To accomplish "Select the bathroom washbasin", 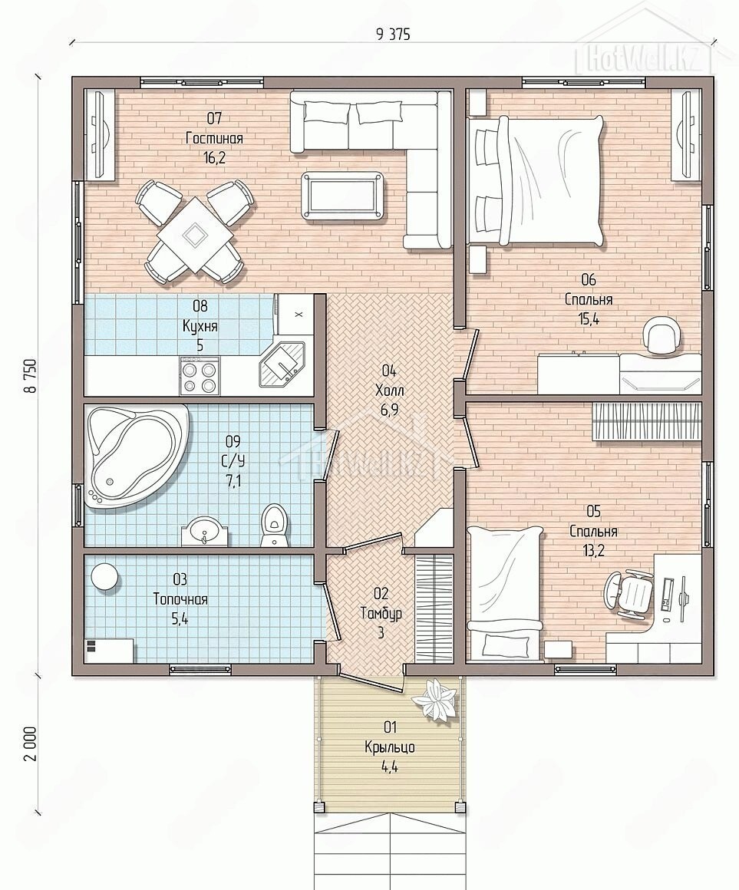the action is point(204,531).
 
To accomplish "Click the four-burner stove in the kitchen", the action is point(200,375).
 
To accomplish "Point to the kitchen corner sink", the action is point(282,363).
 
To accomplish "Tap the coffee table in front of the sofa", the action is point(344,195).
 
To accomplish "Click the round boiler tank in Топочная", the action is point(105,577).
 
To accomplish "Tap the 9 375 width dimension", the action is point(392,35).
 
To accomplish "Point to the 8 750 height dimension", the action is point(30,375).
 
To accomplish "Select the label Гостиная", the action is point(215,139).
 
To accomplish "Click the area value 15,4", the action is point(589,319).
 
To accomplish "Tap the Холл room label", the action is point(389,391).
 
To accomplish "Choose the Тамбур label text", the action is point(381,613).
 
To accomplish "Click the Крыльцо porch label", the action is point(390,747).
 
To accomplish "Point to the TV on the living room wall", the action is point(101,135).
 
